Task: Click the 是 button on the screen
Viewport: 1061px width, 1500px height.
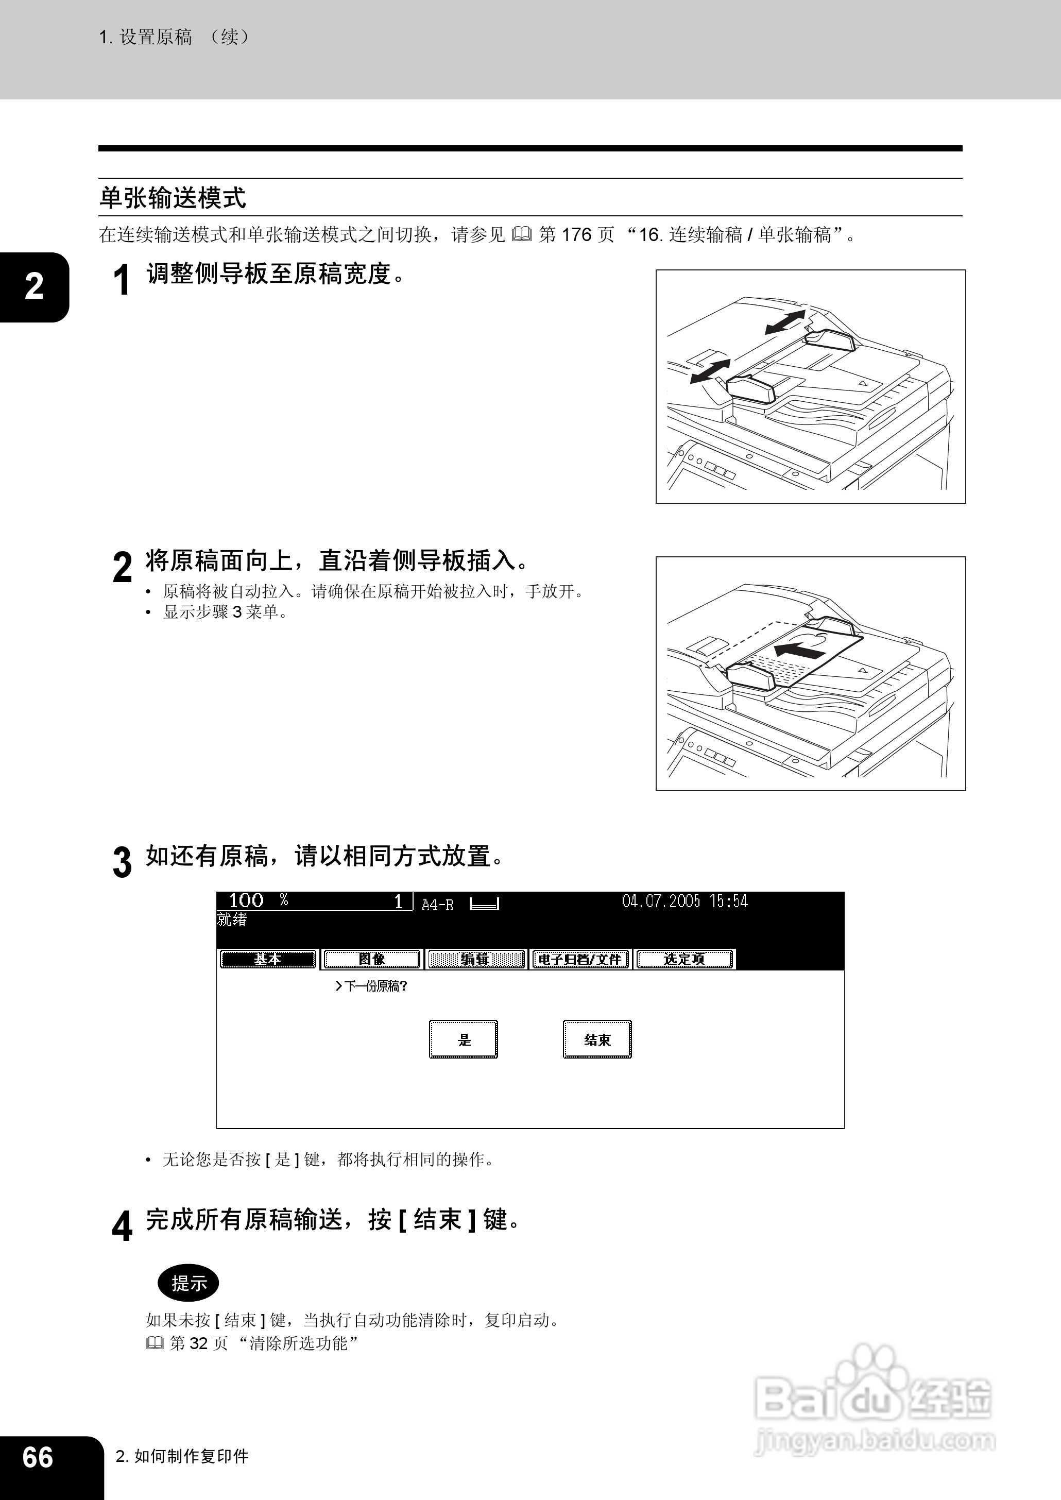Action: click(463, 1039)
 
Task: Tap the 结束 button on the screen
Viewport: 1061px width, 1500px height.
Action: click(597, 1039)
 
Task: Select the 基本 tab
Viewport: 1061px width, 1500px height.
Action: click(268, 959)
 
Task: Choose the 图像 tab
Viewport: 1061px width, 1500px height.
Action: click(372, 959)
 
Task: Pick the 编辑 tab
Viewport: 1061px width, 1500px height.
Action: click(475, 959)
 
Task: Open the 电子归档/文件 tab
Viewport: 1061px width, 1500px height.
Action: click(580, 959)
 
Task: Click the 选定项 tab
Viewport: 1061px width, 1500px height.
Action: click(684, 959)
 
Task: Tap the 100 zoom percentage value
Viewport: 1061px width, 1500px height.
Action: click(246, 900)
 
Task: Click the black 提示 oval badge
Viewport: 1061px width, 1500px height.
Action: click(188, 1283)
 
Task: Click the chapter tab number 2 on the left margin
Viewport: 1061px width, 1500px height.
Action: click(34, 286)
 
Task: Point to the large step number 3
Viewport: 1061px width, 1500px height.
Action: click(122, 862)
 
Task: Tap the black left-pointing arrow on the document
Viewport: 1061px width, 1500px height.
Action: click(798, 650)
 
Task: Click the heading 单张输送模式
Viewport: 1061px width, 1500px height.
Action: click(173, 197)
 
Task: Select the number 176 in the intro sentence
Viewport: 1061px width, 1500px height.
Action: click(576, 234)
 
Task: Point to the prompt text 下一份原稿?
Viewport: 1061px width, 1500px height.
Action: click(370, 986)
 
